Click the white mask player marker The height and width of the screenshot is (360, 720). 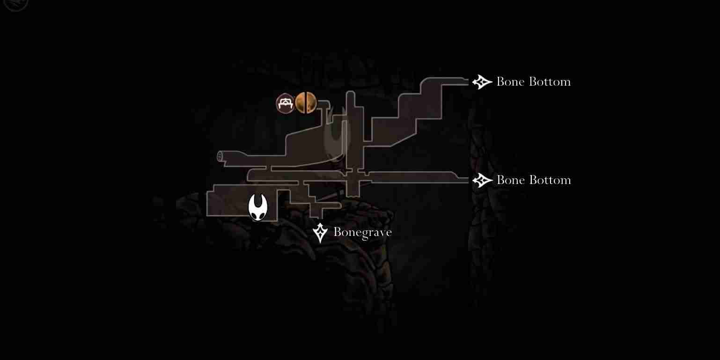[258, 207]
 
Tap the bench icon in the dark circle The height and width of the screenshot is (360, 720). [285, 103]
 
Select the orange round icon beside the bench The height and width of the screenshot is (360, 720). [306, 103]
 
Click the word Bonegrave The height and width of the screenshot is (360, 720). [362, 232]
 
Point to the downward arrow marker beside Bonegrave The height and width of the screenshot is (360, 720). [320, 233]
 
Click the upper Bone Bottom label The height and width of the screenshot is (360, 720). [534, 81]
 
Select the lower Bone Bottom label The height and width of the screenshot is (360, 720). [534, 180]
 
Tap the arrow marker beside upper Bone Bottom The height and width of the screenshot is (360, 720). [482, 82]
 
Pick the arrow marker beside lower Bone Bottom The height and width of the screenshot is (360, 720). [482, 180]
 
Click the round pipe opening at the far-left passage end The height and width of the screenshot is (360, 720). [220, 156]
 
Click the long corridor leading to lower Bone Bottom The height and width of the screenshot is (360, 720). [418, 177]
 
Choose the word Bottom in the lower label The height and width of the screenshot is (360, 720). [550, 180]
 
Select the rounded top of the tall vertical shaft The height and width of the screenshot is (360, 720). [350, 93]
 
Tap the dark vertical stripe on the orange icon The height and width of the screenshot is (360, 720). [306, 103]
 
